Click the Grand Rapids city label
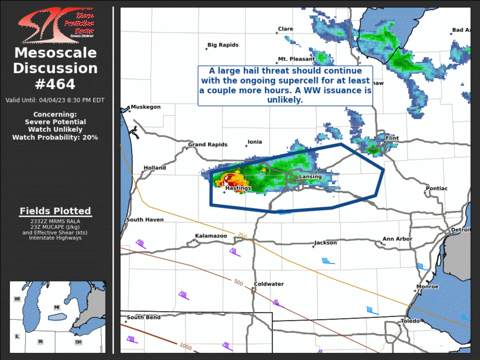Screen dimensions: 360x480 pyautogui.click(x=207, y=144)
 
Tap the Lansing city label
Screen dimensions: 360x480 pyautogui.click(x=310, y=177)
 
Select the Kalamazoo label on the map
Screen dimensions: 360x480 pyautogui.click(x=211, y=236)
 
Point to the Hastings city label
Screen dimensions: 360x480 pyautogui.click(x=238, y=188)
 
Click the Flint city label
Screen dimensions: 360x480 pyautogui.click(x=392, y=138)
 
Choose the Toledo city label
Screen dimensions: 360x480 pyautogui.click(x=411, y=321)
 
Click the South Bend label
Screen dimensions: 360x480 pyautogui.click(x=143, y=318)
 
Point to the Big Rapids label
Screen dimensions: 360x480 pyautogui.click(x=221, y=45)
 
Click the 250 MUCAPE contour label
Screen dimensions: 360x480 pyautogui.click(x=241, y=236)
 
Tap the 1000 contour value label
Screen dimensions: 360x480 pyautogui.click(x=186, y=346)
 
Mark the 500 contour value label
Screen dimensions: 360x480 pyautogui.click(x=238, y=283)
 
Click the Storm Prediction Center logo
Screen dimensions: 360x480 pyautogui.click(x=56, y=25)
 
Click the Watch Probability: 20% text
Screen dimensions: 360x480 pyautogui.click(x=55, y=137)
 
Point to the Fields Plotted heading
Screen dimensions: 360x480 pyautogui.click(x=55, y=211)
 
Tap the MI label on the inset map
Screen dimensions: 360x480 pyautogui.click(x=57, y=308)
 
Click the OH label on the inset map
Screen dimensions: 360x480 pyautogui.click(x=78, y=342)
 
